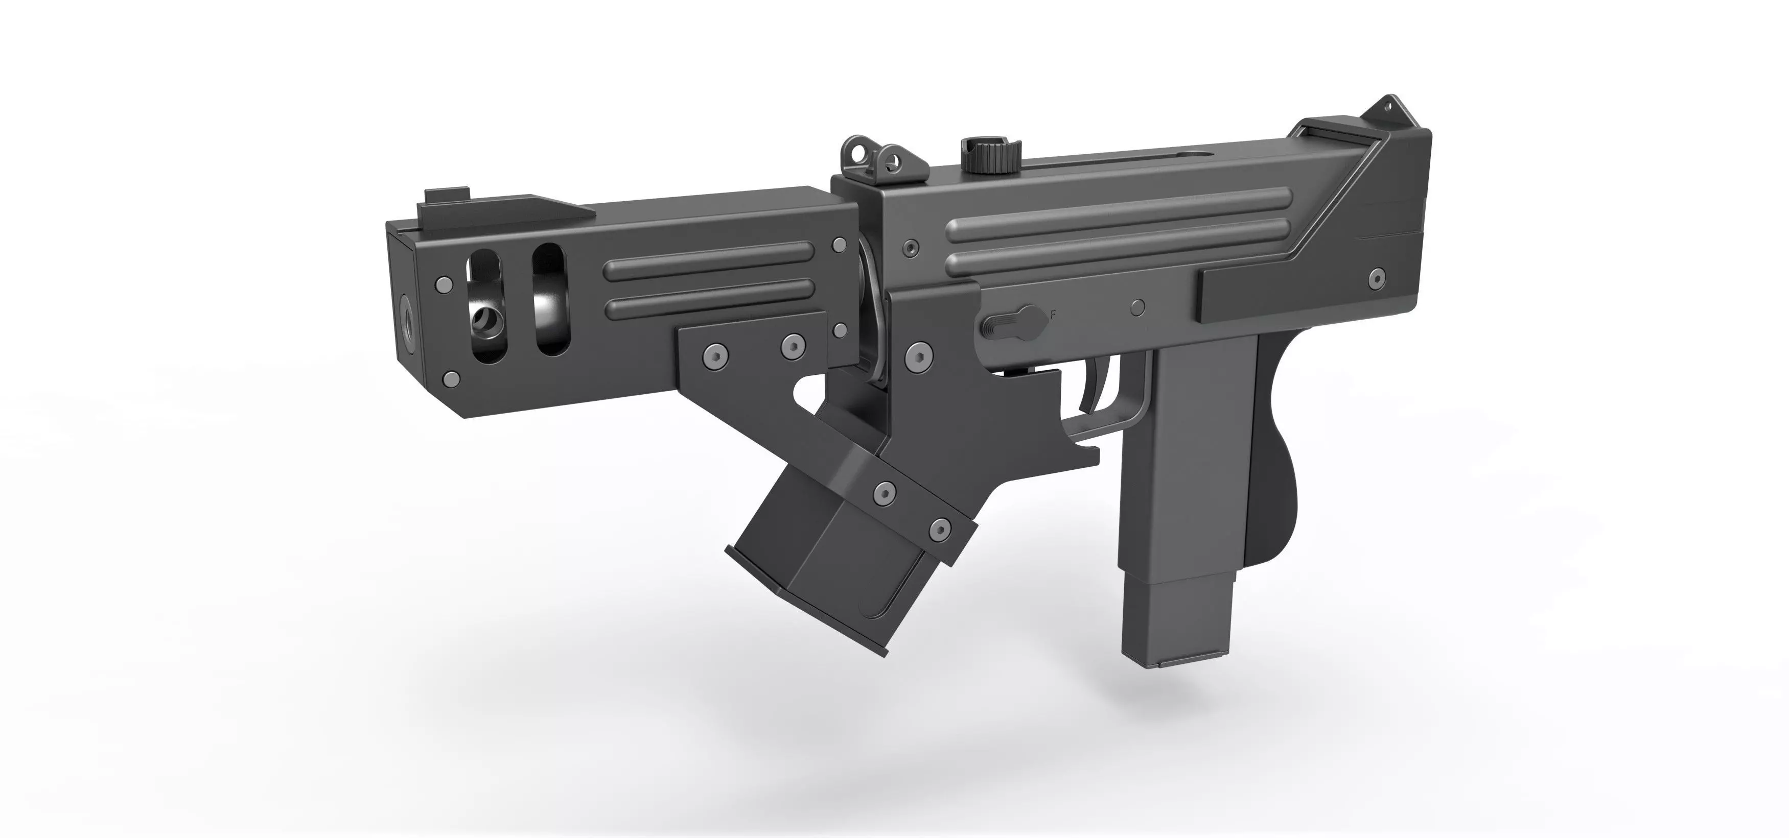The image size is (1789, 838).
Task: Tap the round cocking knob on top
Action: [990, 156]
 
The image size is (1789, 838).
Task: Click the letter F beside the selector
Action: [1054, 315]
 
